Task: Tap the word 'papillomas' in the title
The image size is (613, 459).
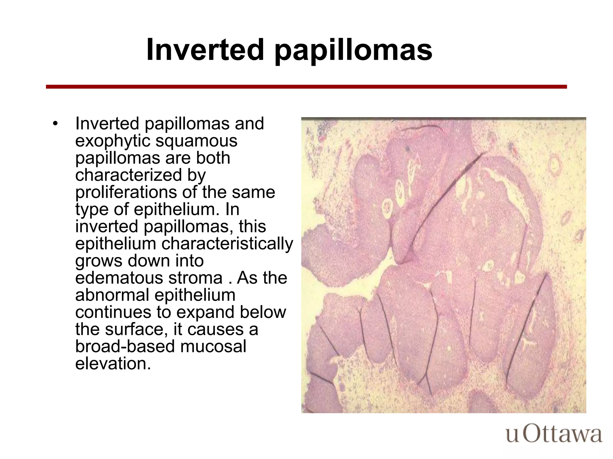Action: click(353, 51)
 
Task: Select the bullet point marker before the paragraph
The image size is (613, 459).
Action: click(55, 124)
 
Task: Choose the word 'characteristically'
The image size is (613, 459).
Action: click(227, 244)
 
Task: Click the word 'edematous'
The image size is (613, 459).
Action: click(119, 278)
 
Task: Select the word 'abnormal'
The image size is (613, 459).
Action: click(112, 295)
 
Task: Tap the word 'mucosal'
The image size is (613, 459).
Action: click(213, 347)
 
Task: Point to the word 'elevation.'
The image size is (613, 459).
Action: click(113, 364)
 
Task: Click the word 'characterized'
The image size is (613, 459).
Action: click(128, 175)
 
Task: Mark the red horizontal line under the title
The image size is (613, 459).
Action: click(306, 87)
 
